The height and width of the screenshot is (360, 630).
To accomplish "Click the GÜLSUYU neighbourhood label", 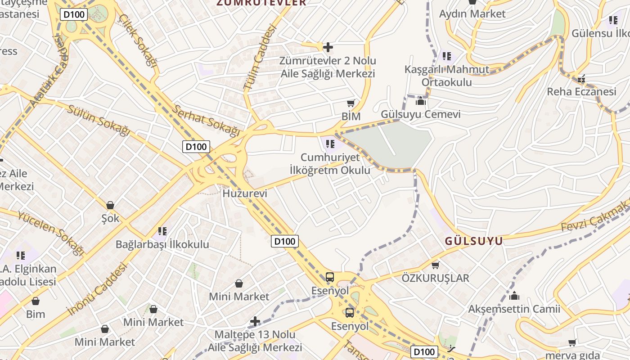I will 474,241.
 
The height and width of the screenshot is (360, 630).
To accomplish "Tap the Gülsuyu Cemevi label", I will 421,114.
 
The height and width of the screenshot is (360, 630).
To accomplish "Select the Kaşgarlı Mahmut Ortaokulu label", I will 446,76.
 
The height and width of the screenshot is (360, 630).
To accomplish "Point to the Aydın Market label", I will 472,14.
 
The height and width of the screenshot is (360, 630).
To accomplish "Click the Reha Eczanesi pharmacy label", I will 581,92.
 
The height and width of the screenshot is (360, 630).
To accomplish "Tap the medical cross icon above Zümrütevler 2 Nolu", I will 328,47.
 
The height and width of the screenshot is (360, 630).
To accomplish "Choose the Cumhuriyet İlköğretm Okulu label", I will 330,164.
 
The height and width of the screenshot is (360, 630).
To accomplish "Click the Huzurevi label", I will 245,193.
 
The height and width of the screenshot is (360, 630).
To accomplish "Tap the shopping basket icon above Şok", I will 110,205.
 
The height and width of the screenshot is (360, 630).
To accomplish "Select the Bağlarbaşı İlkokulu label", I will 162,245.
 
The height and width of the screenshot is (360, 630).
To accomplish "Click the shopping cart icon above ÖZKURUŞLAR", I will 435,265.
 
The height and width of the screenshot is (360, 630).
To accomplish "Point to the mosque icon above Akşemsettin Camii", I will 514,296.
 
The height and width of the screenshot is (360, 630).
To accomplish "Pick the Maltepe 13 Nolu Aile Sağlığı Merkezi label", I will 255,341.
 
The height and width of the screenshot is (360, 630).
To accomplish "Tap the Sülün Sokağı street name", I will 99,120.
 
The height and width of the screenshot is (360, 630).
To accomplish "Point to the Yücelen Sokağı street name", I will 51,232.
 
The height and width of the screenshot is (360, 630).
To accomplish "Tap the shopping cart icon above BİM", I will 351,103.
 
